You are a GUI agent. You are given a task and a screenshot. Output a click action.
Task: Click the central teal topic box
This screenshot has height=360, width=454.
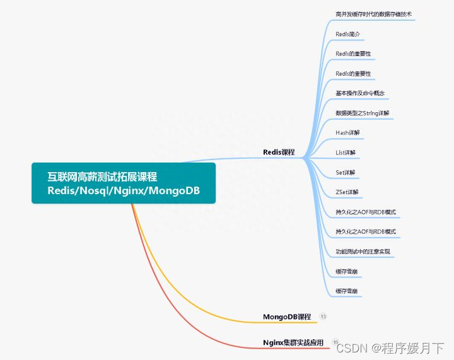click(x=124, y=183)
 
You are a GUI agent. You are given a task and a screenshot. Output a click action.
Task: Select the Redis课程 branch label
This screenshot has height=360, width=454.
click(x=279, y=152)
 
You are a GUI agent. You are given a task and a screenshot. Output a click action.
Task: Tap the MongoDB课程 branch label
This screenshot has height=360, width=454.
click(x=287, y=316)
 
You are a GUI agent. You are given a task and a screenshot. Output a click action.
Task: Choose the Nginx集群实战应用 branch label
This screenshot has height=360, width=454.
click(x=293, y=342)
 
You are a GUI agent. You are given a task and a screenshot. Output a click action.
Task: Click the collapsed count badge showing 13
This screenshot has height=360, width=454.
click(x=323, y=316)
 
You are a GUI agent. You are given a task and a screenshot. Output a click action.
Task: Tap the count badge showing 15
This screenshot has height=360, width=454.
click(x=335, y=342)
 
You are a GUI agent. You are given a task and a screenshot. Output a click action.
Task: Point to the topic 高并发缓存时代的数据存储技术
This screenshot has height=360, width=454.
click(x=374, y=13)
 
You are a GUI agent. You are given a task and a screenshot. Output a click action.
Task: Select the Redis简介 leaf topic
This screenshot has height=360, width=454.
click(x=348, y=33)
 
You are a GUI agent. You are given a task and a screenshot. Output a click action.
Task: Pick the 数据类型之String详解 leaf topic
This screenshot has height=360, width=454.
click(x=363, y=113)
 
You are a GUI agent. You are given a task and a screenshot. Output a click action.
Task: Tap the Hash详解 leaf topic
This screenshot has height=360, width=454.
click(x=347, y=132)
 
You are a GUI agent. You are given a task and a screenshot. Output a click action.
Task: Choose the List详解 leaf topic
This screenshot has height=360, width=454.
click(x=346, y=152)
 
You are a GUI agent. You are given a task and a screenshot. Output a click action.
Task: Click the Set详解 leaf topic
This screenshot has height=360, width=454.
click(x=346, y=172)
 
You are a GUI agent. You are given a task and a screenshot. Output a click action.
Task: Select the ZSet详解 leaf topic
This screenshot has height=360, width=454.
click(x=347, y=192)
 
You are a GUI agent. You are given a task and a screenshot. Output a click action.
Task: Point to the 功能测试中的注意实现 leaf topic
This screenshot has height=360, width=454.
click(x=363, y=252)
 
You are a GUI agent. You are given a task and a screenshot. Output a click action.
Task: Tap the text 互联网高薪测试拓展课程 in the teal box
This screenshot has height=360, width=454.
click(x=102, y=176)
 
